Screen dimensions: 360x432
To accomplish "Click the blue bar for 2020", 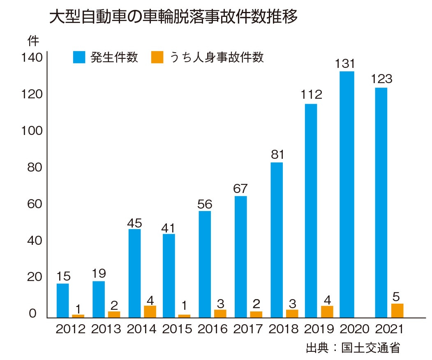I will point(347,194).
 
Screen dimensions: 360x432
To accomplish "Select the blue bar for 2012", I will point(62,300).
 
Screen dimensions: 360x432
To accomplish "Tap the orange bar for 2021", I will point(397,311).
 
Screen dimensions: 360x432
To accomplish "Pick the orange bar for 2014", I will point(150,311).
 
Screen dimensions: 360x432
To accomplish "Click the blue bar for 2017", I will point(240,257).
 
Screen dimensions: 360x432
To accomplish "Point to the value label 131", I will point(345,64).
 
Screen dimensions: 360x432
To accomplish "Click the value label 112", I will point(311,95).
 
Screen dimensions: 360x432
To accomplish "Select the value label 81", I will point(278,155).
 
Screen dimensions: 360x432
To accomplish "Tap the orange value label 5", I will point(397,296).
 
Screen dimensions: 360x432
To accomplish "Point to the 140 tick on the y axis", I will point(32,58).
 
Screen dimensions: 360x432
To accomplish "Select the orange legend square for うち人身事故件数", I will point(157,57).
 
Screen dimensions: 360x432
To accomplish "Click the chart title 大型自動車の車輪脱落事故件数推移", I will point(173,17).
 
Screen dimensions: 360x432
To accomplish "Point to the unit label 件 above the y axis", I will point(33,41).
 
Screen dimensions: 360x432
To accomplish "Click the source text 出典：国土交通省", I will point(353,348).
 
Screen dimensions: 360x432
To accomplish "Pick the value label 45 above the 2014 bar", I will point(135,223).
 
